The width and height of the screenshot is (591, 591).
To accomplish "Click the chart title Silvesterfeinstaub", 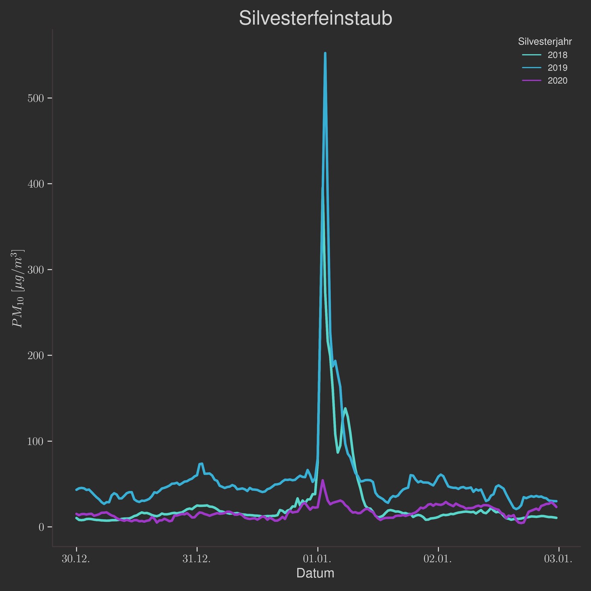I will click(x=315, y=19).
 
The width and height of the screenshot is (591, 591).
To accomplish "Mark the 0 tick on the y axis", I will click(x=41, y=527).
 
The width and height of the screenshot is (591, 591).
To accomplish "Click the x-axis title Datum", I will click(x=315, y=573).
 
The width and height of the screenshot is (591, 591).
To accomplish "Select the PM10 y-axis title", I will click(x=18, y=288).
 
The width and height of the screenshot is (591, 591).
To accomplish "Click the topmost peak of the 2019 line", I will click(x=325, y=53).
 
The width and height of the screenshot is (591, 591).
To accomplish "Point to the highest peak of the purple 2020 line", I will click(x=323, y=480).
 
